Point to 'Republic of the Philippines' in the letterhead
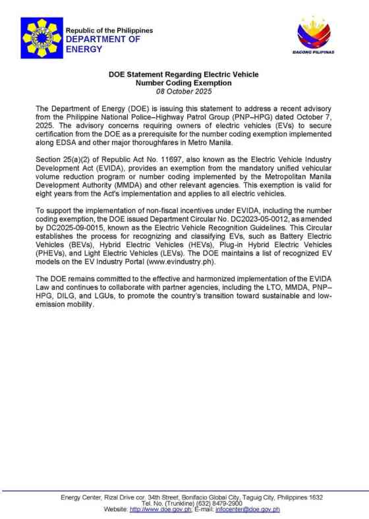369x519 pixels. pos(109,30)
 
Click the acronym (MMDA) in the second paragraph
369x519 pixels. pos(135,186)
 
